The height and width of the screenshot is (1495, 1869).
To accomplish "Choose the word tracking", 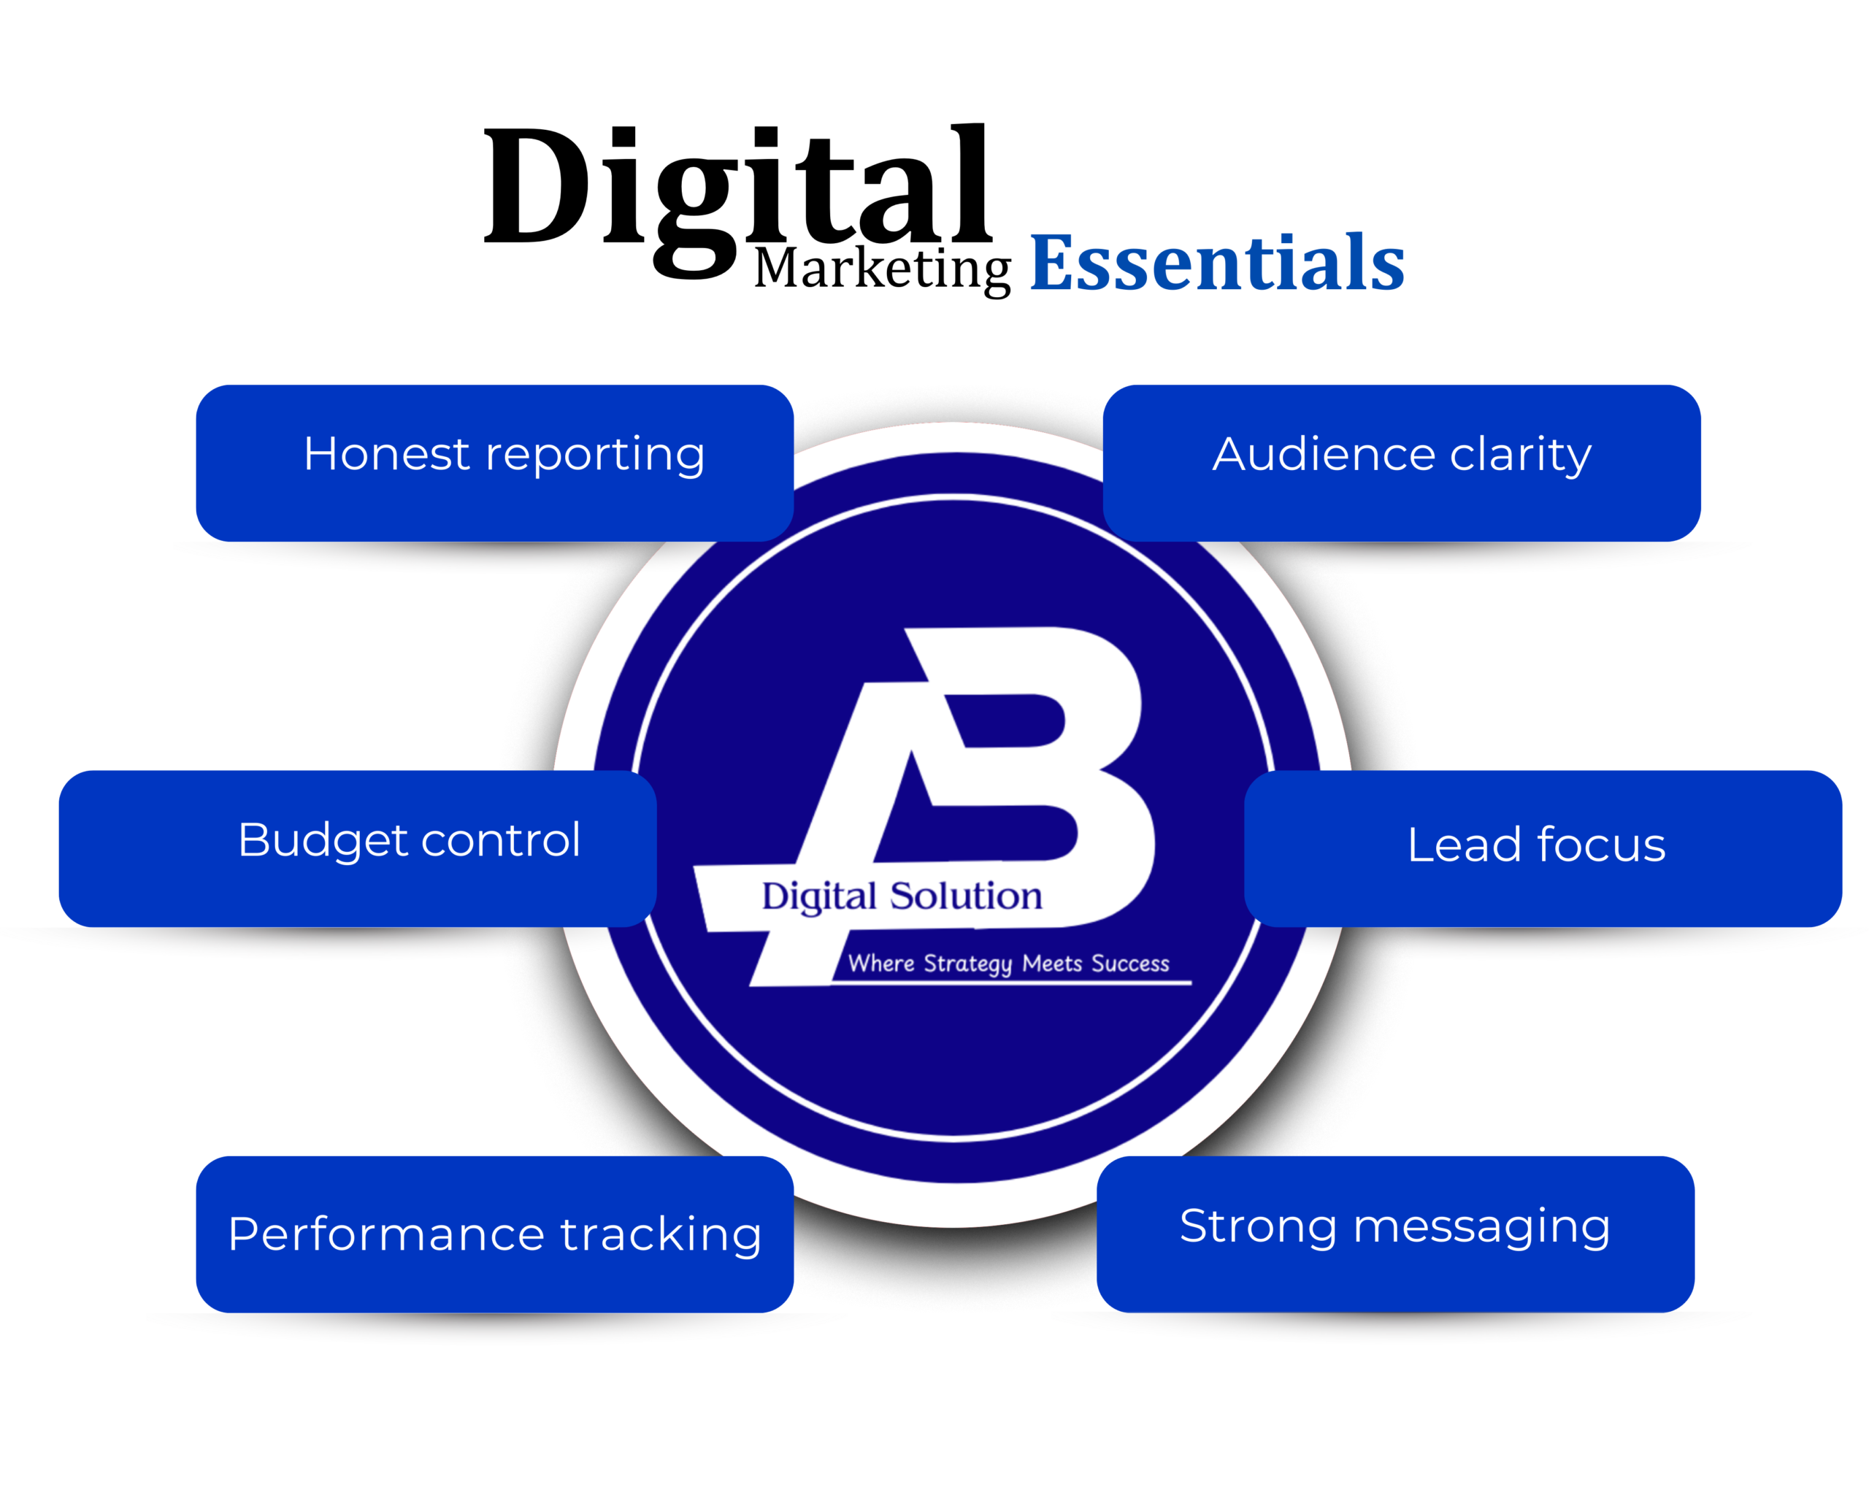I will click(661, 1235).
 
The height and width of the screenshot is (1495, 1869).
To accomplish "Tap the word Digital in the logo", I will click(819, 897).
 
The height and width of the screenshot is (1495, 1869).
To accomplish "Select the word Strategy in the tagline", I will click(967, 964).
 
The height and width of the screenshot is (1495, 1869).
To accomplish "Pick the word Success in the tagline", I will click(1129, 963).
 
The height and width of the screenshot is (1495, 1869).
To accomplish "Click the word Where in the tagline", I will click(880, 963).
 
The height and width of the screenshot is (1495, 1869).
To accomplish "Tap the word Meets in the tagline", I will click(1052, 963).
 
